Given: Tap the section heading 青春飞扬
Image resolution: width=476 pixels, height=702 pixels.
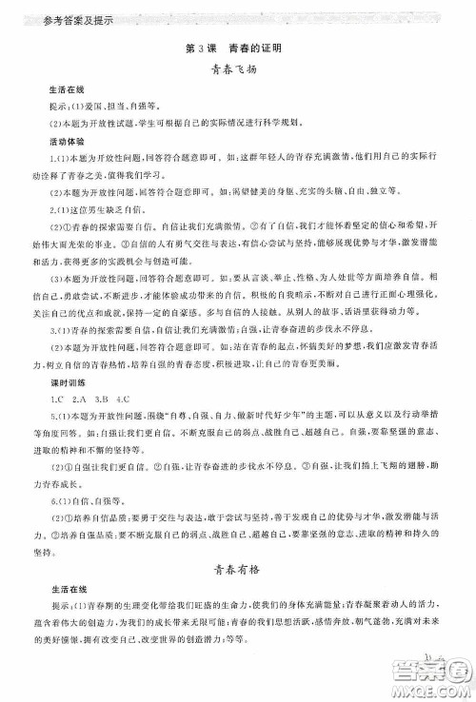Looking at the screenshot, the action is [x=237, y=69].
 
